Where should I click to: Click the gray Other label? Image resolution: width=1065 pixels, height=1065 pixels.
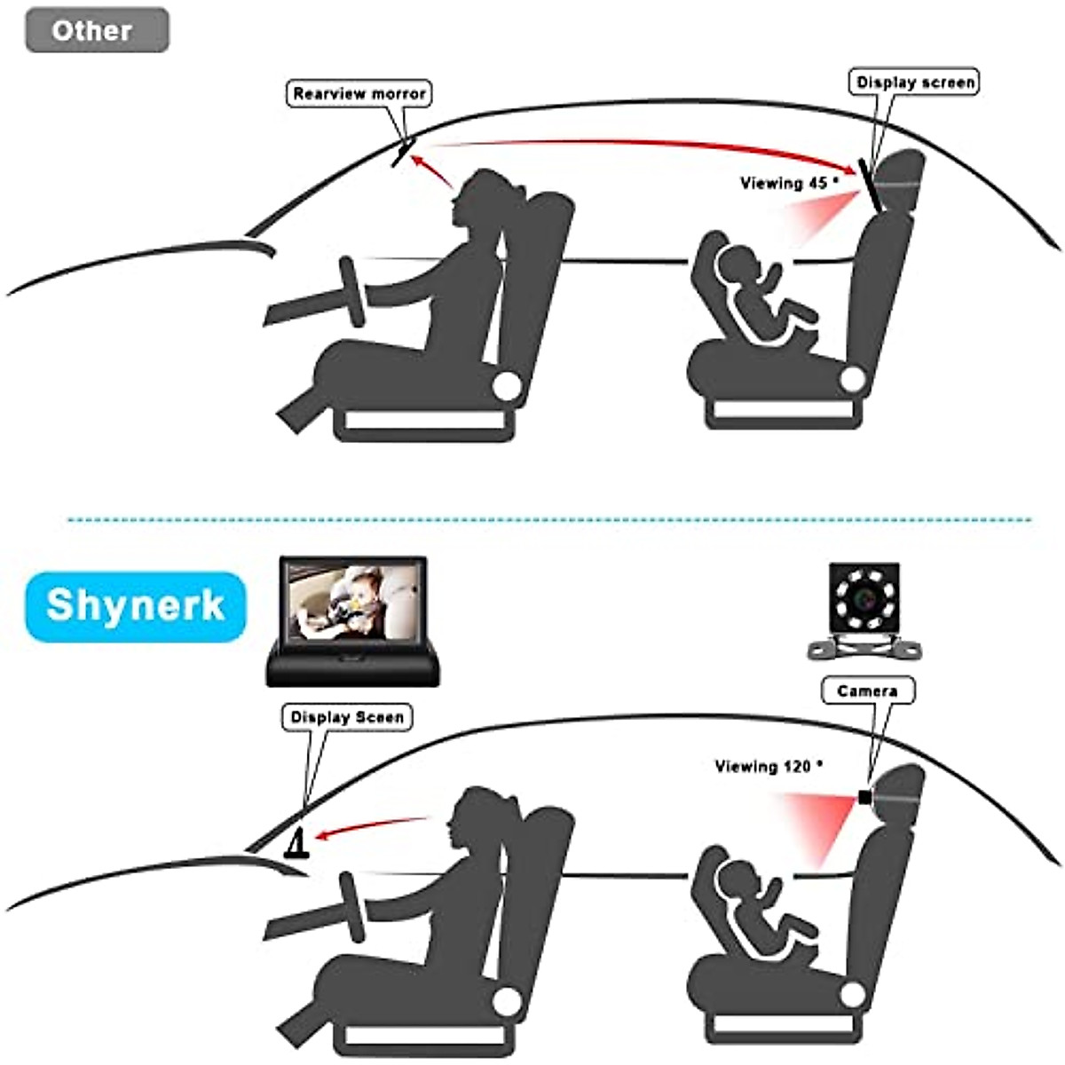(96, 30)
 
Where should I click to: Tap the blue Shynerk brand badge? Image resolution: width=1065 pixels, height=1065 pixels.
(135, 606)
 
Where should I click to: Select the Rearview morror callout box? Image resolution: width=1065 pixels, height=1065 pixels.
(359, 93)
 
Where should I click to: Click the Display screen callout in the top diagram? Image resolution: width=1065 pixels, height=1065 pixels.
(915, 83)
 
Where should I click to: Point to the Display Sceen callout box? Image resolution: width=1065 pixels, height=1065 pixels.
(347, 717)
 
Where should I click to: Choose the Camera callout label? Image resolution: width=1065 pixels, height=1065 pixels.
(867, 690)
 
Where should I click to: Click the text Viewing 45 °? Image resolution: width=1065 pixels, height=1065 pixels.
(789, 183)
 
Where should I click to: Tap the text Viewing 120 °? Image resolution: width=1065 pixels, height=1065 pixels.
(769, 766)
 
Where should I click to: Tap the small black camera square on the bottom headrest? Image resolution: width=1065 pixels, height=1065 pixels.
(864, 797)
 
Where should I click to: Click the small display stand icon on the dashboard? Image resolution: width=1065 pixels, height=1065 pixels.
(296, 843)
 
